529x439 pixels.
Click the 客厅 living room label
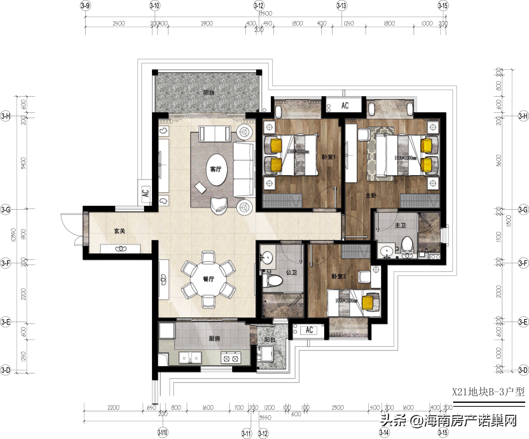click(x=216, y=169)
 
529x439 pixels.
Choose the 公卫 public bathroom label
click(x=291, y=272)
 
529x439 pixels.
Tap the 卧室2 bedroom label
click(x=339, y=276)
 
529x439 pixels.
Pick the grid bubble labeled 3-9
click(x=85, y=6)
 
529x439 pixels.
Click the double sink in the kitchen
click(x=190, y=358)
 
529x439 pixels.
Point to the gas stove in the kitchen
click(x=231, y=358)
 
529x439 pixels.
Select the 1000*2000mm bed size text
click(x=346, y=300)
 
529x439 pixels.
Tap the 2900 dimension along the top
click(x=207, y=23)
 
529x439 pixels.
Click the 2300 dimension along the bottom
click(x=338, y=407)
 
